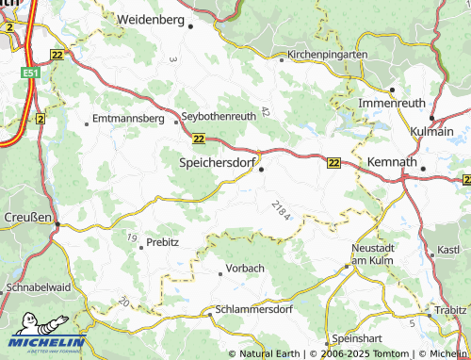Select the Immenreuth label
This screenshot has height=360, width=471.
coord(391,101)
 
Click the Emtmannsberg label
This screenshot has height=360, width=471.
coord(129,121)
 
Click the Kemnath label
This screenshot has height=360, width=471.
coord(392,162)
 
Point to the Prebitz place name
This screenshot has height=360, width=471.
coord(162,243)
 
